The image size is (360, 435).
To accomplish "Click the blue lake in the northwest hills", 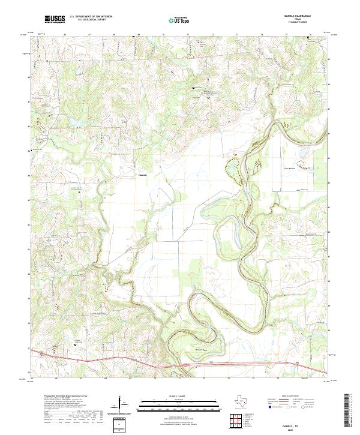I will tap(77, 124).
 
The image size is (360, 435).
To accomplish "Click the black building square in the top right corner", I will tap(309, 38).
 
